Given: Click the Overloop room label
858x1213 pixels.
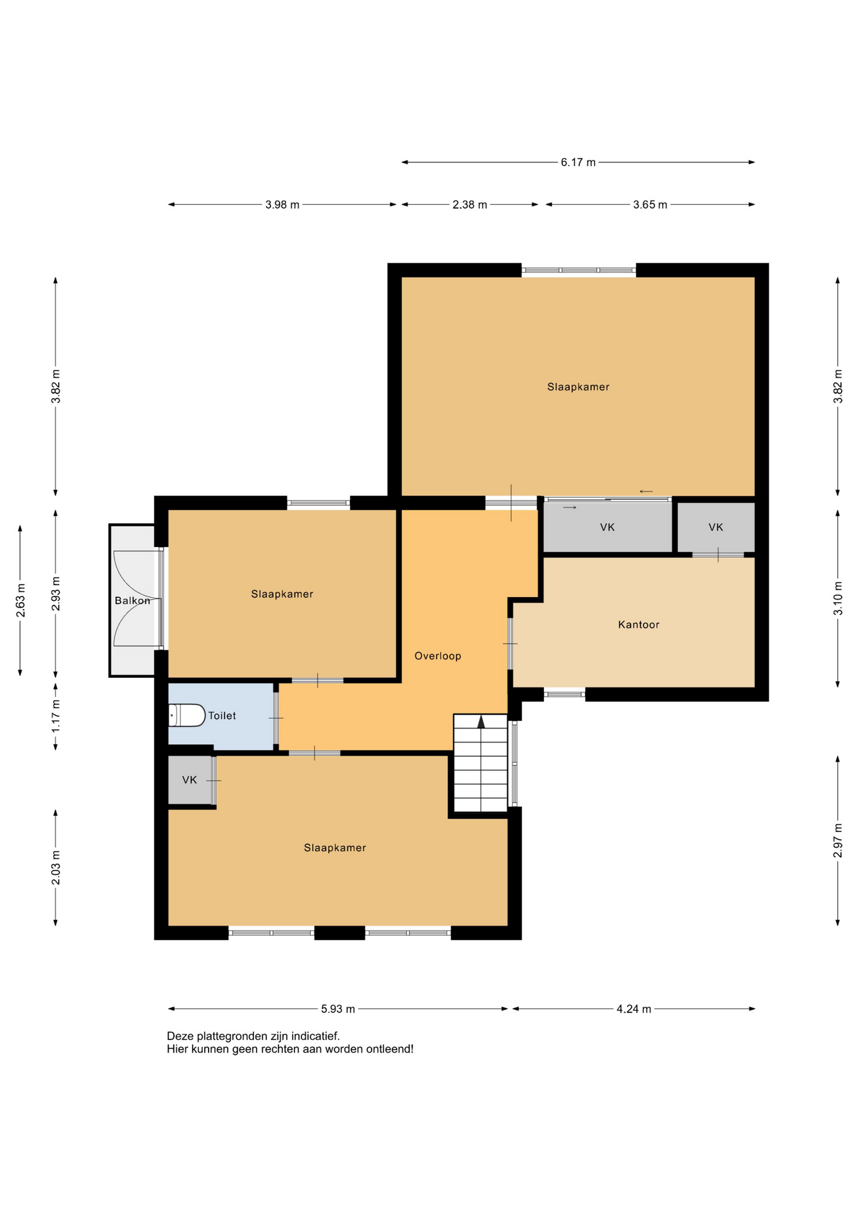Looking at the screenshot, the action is [x=437, y=656].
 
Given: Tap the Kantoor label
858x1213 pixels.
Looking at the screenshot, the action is [x=638, y=624].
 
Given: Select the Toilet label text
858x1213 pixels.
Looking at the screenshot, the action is [x=222, y=715].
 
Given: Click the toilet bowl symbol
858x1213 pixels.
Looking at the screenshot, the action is [x=186, y=715].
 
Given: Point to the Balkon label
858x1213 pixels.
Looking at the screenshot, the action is [x=133, y=600].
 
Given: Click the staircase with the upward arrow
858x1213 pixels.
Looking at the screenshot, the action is [x=481, y=763].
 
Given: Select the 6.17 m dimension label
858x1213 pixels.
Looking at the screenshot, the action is [x=578, y=162].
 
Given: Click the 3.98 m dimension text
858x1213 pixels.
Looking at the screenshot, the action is [x=282, y=205].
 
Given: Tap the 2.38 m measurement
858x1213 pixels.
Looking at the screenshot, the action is [x=469, y=205].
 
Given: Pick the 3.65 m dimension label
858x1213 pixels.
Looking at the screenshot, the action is [x=650, y=205].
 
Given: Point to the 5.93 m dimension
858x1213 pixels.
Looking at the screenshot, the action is [x=338, y=1009].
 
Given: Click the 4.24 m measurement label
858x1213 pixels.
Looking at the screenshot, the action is [x=634, y=1009].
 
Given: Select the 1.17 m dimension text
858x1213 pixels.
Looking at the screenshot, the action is [x=56, y=716].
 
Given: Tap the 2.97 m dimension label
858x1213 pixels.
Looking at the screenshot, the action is [x=838, y=840].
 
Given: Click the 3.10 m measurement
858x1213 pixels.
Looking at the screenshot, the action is [x=838, y=598].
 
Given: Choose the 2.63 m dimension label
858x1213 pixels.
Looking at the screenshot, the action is [x=20, y=600].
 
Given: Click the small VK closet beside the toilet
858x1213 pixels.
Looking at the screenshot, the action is [x=190, y=780].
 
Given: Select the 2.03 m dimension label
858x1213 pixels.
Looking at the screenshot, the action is [x=56, y=867].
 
